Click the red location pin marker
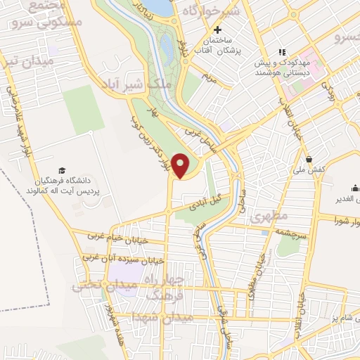point(181,165)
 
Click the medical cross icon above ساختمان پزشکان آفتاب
point(218,30)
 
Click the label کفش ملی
point(309,169)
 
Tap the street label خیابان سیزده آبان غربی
point(123,259)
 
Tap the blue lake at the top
point(160,7)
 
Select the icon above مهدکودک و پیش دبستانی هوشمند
point(282,52)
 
